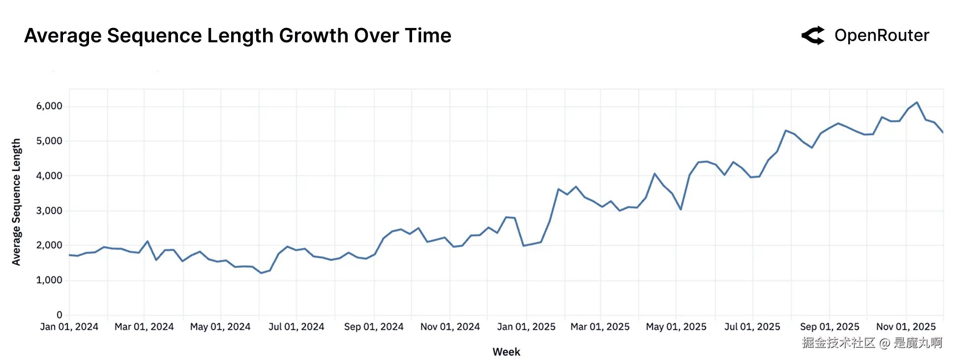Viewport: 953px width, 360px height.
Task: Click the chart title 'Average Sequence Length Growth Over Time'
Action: [238, 35]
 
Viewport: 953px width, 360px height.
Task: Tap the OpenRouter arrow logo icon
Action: [813, 35]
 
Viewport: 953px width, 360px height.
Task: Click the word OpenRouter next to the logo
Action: [882, 35]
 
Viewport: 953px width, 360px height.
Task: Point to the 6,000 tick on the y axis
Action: [49, 106]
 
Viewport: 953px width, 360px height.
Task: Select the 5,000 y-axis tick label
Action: [49, 141]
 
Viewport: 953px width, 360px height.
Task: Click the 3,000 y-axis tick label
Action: [49, 210]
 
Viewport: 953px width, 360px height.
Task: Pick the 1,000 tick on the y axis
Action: [49, 280]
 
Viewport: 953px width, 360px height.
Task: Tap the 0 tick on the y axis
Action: [60, 315]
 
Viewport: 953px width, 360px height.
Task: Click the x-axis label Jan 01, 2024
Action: [69, 327]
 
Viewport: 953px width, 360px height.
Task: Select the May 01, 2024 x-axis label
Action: [220, 327]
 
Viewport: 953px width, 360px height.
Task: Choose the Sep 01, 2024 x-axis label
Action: [374, 327]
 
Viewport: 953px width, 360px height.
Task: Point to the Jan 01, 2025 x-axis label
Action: [526, 327]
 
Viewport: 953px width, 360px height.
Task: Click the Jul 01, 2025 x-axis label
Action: [752, 327]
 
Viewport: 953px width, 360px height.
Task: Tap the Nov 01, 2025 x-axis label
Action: [906, 327]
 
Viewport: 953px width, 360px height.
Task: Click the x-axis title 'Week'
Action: [506, 352]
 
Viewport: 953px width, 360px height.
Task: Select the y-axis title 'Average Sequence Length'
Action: [16, 202]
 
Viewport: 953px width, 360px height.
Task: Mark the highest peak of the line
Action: [917, 102]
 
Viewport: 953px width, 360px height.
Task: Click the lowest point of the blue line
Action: [261, 273]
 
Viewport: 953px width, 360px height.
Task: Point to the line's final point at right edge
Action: [943, 132]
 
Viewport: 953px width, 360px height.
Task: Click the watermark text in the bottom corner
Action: [872, 343]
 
